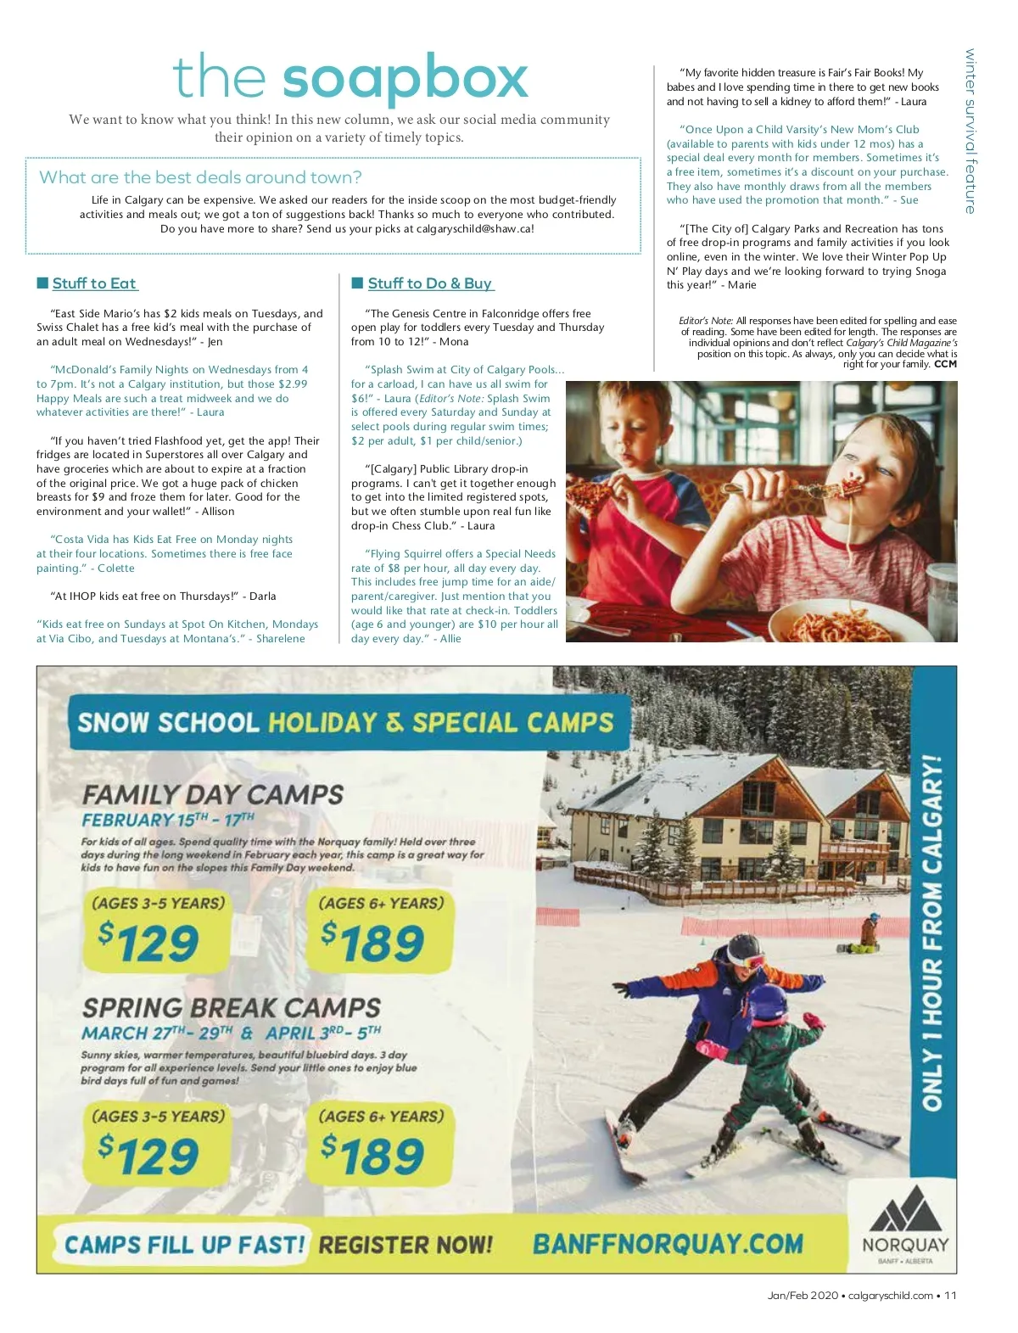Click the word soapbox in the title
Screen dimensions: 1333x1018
(405, 79)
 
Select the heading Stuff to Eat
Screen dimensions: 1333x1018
(93, 283)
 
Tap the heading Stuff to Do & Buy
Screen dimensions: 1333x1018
(430, 283)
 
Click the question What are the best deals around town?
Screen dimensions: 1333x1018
(200, 177)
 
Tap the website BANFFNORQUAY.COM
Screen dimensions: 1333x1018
(668, 1244)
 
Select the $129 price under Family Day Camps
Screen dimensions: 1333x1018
(149, 943)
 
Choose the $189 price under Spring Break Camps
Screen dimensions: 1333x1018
(373, 1155)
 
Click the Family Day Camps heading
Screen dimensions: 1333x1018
(212, 795)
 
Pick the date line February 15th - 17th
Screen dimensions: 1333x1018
(167, 821)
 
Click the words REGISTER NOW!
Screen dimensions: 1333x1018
(406, 1245)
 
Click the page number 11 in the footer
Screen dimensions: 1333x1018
(950, 1296)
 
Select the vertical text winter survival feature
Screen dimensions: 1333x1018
(970, 132)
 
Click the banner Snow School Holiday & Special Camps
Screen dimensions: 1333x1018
(345, 723)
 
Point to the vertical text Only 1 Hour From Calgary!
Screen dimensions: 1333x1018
(933, 933)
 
